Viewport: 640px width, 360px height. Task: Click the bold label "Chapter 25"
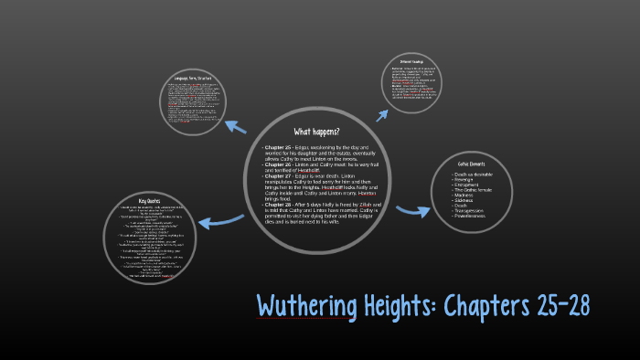(276, 147)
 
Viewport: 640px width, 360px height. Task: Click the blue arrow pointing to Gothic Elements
(411, 211)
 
